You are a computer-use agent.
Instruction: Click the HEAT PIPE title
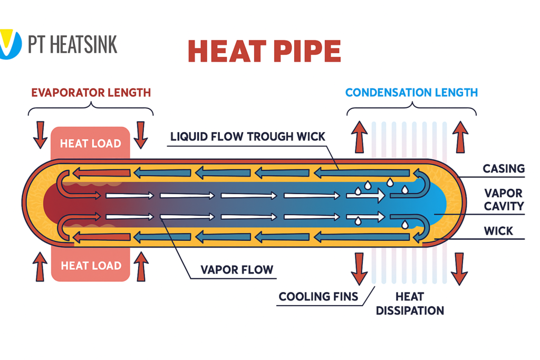pyautogui.click(x=264, y=52)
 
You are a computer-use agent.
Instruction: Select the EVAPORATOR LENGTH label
pyautogui.click(x=91, y=93)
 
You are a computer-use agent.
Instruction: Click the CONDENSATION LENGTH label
pyautogui.click(x=411, y=93)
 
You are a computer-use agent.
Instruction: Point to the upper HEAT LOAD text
pyautogui.click(x=90, y=143)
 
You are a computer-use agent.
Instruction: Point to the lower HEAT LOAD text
pyautogui.click(x=91, y=265)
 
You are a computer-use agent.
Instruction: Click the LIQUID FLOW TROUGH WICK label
pyautogui.click(x=248, y=137)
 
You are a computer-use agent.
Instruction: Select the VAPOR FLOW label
pyautogui.click(x=237, y=270)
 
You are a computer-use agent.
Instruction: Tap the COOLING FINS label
pyautogui.click(x=319, y=297)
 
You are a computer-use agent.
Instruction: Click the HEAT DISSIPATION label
pyautogui.click(x=409, y=304)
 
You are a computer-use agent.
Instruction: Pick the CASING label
pyautogui.click(x=504, y=169)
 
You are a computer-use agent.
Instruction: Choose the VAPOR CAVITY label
pyautogui.click(x=504, y=199)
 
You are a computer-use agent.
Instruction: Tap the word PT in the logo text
pyautogui.click(x=37, y=44)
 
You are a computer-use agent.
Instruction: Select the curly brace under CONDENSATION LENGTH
pyautogui.click(x=411, y=110)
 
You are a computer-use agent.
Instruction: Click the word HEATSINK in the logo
pyautogui.click(x=83, y=44)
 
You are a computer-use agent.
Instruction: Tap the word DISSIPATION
pyautogui.click(x=409, y=310)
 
